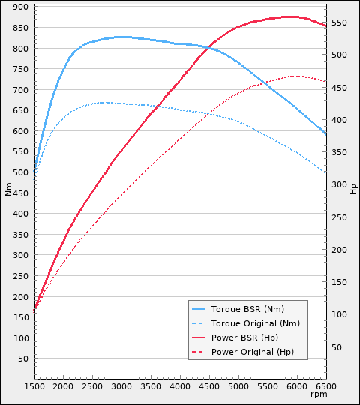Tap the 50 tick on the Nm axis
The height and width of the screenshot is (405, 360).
(22, 358)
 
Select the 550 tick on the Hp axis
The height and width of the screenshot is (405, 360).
(340, 23)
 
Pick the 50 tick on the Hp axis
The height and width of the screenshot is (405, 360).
(337, 347)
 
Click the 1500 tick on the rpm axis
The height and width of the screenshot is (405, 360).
(34, 385)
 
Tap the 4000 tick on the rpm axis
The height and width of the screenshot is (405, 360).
(180, 385)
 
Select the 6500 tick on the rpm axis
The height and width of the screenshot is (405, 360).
(326, 385)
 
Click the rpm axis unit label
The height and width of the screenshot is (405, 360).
(319, 394)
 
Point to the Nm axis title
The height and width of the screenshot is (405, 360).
(8, 189)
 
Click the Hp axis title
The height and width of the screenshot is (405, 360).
(353, 189)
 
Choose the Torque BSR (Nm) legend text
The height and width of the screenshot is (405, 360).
(247, 309)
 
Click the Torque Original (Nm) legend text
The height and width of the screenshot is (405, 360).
(255, 323)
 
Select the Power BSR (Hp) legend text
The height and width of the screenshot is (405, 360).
(244, 337)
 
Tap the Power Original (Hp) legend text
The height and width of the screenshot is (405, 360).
(253, 352)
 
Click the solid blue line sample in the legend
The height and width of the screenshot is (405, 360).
(199, 309)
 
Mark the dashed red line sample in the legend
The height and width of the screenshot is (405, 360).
(199, 352)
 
